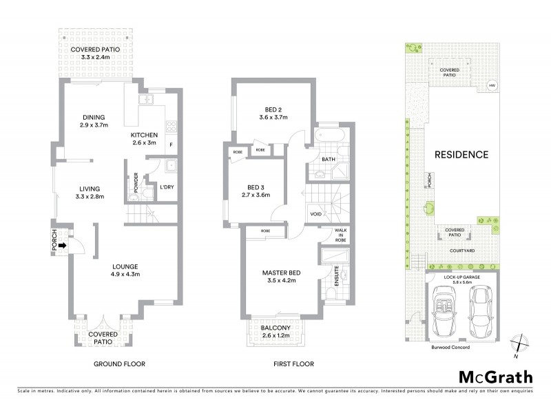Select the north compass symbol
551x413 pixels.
[521, 343]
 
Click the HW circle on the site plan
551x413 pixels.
[492, 86]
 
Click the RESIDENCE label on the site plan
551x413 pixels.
[461, 155]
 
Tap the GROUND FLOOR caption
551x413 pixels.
[119, 363]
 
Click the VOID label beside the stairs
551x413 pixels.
[316, 214]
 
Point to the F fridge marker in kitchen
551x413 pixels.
[170, 145]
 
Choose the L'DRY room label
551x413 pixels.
[167, 187]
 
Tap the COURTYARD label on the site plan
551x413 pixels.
[462, 251]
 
